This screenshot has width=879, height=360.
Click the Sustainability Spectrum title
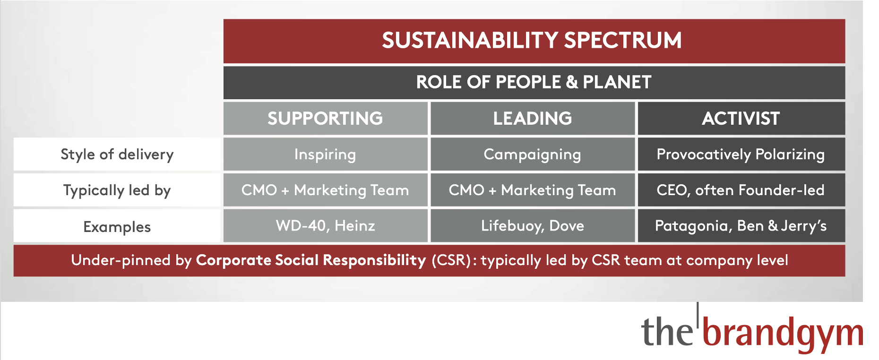(532, 40)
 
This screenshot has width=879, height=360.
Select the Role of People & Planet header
(534, 82)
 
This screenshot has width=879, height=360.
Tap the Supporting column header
(325, 118)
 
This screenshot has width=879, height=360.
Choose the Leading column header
(533, 118)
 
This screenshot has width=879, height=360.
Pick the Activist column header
(741, 118)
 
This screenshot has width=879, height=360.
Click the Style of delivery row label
(117, 154)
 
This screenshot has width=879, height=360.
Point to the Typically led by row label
(117, 190)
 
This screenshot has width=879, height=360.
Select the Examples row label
(117, 227)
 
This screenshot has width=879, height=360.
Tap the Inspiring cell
(325, 154)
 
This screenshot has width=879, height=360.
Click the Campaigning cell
(533, 154)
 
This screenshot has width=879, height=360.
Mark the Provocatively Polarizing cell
(741, 154)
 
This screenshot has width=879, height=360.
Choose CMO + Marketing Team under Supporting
(325, 190)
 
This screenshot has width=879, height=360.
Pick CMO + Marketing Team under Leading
(533, 190)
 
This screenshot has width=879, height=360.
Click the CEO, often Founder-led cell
(741, 190)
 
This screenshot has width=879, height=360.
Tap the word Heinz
(355, 225)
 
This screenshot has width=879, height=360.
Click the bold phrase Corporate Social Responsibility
(311, 260)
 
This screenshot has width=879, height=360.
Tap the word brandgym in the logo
(783, 333)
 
